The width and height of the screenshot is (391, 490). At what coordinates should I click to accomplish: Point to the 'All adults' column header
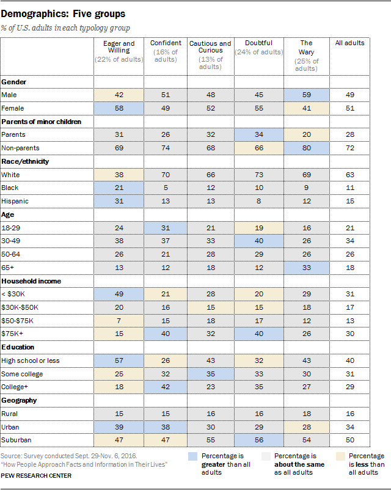(350, 43)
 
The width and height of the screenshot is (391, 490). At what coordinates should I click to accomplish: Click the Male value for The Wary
(307, 95)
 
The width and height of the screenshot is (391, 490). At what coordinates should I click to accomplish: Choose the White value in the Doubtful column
(258, 175)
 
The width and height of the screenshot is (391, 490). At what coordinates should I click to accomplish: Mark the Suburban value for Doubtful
(258, 441)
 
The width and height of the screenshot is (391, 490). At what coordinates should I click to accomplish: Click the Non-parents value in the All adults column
(350, 148)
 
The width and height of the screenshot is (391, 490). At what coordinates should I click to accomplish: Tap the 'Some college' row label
(21, 373)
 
